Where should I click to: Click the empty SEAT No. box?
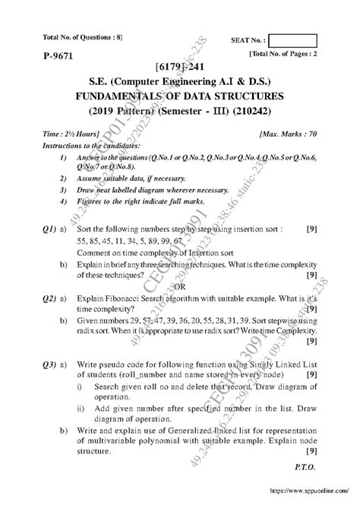tap(293, 40)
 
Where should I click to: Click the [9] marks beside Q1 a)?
tap(311, 228)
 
